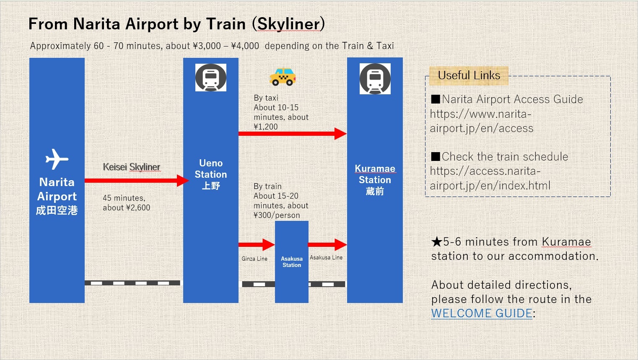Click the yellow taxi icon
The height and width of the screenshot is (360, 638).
click(x=283, y=77)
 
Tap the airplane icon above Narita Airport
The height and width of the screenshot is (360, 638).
click(x=57, y=159)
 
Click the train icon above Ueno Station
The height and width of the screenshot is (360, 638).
click(x=211, y=78)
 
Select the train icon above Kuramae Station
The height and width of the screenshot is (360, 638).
click(x=375, y=79)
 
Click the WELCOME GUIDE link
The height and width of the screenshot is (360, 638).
click(x=482, y=313)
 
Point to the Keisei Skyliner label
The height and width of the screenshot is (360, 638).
click(x=131, y=167)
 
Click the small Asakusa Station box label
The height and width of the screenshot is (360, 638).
click(x=292, y=262)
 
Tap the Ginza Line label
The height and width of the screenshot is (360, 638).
click(x=254, y=259)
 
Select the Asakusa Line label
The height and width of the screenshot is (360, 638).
click(x=326, y=257)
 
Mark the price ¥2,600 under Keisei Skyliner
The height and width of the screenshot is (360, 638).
click(x=138, y=207)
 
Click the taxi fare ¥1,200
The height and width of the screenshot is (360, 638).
click(x=266, y=127)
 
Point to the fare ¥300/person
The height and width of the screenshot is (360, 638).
click(x=277, y=215)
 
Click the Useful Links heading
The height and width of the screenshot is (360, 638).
click(x=469, y=75)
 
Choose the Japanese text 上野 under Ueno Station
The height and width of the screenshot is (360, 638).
click(x=211, y=186)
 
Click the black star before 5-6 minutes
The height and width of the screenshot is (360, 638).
click(x=437, y=242)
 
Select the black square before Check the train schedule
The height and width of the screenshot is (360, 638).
click(x=436, y=157)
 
